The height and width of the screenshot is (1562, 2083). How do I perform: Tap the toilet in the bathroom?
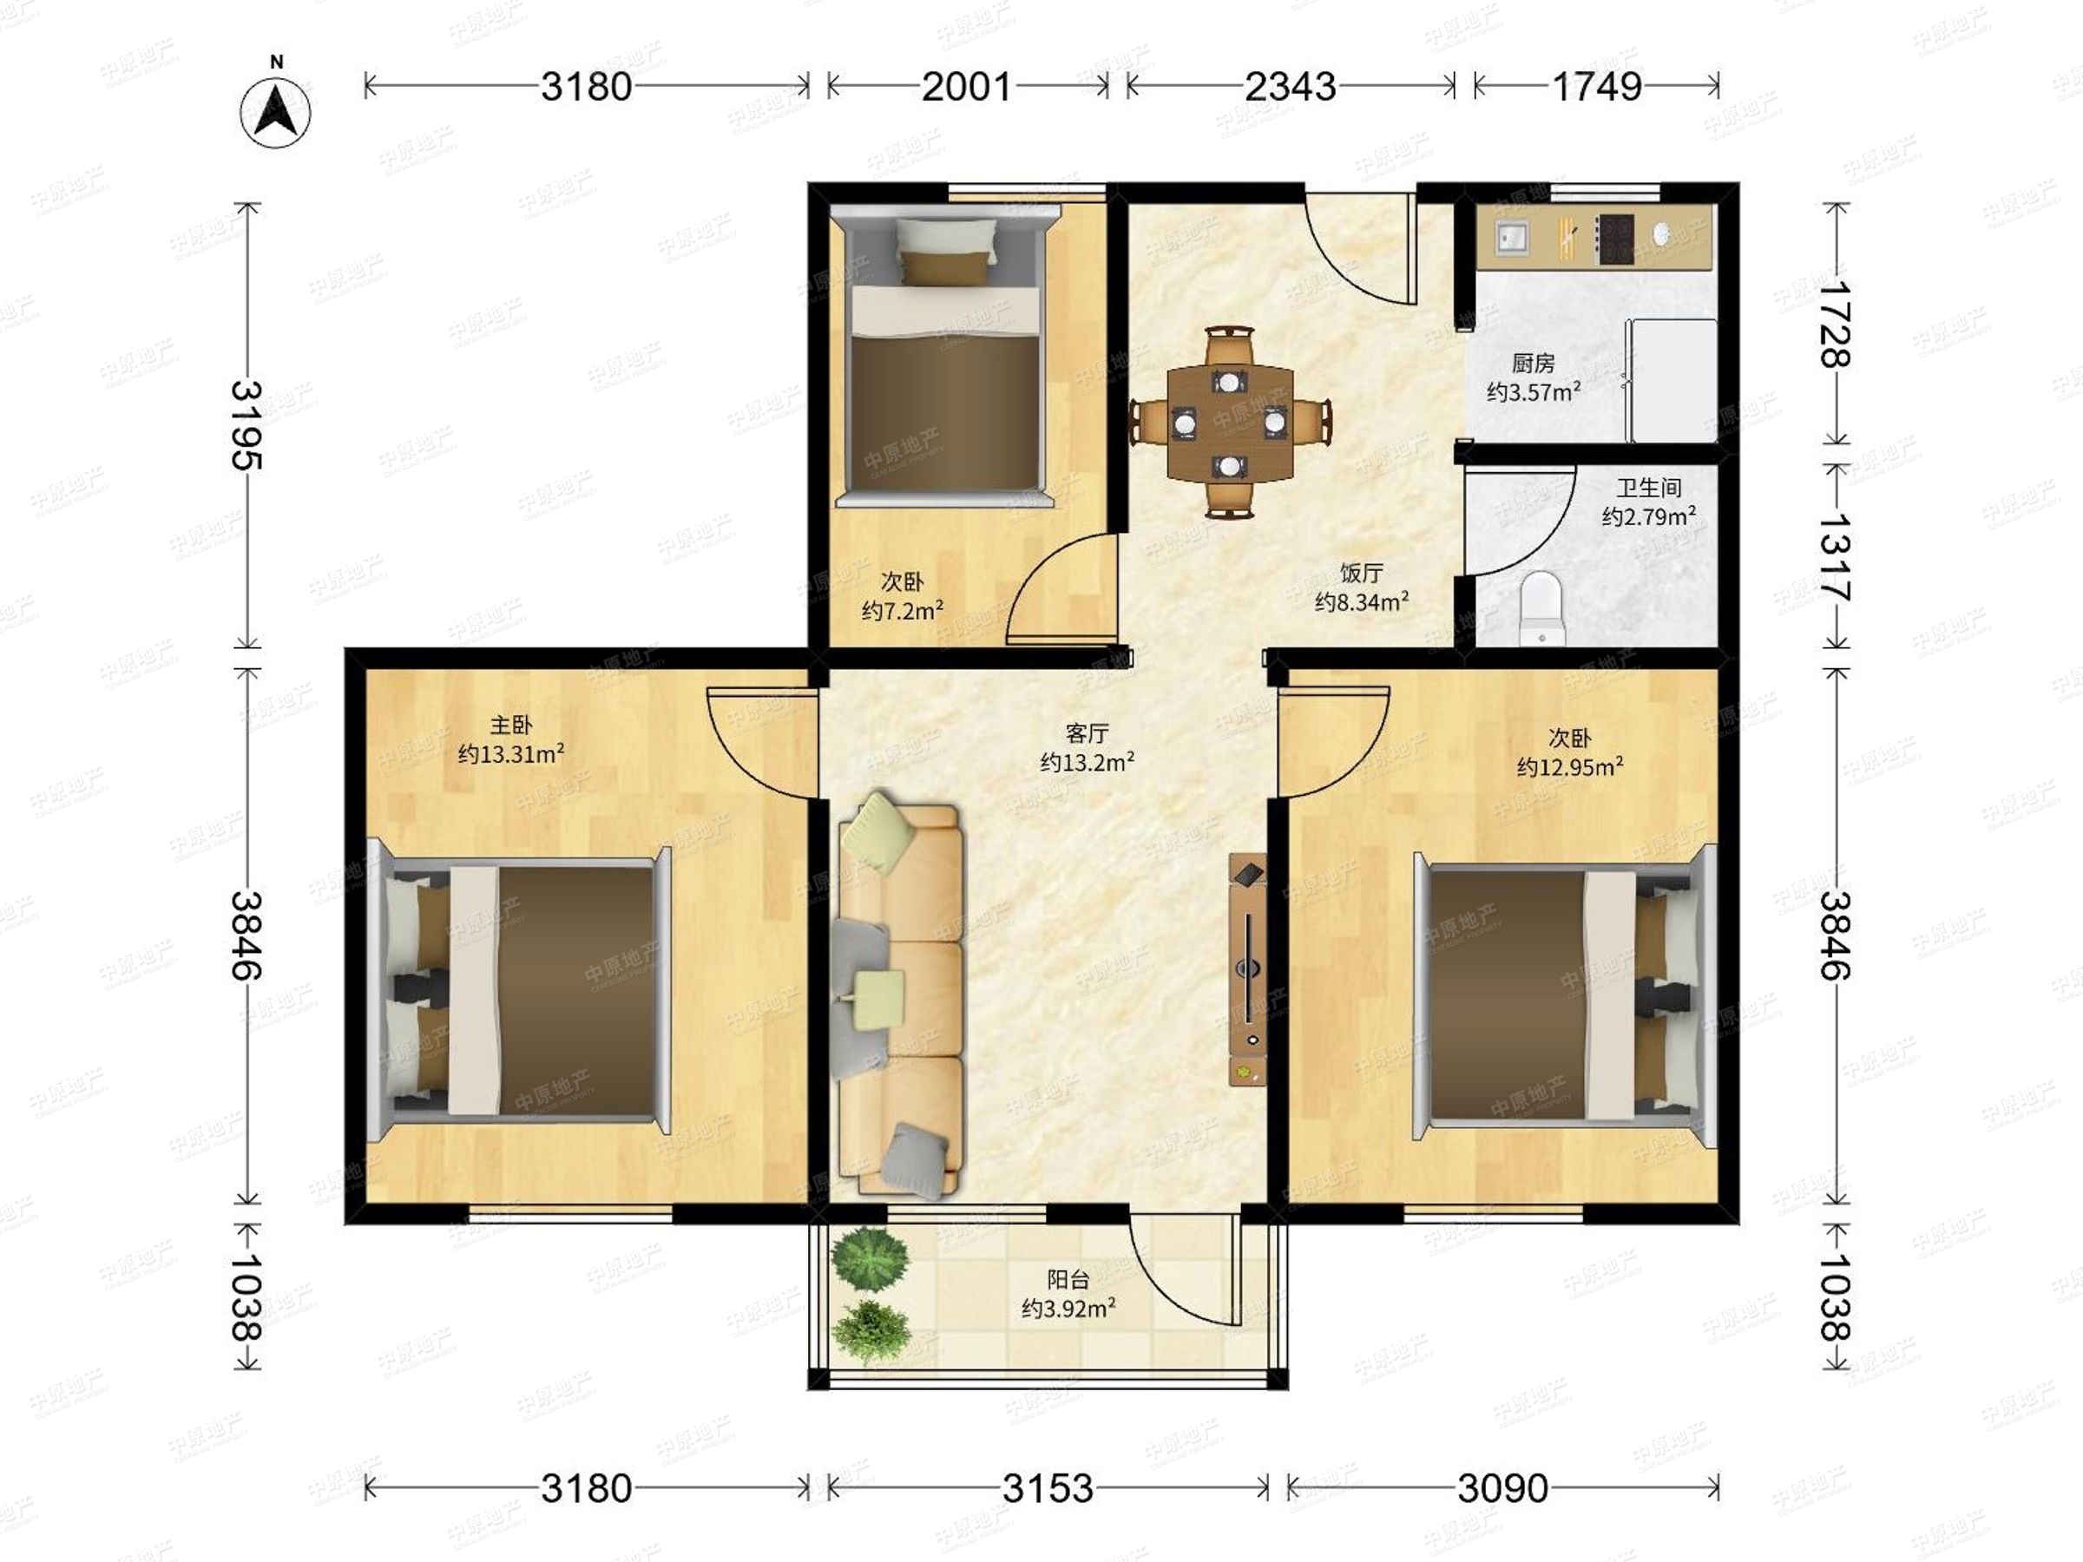click(1541, 609)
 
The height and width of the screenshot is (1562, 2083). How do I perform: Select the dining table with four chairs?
click(1230, 422)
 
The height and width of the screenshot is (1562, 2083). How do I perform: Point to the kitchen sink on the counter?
click(1515, 239)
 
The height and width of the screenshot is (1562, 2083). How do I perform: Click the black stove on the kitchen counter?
click(1614, 240)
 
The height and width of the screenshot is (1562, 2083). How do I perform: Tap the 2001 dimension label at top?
click(966, 87)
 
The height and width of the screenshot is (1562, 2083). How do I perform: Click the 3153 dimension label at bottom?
click(1048, 1488)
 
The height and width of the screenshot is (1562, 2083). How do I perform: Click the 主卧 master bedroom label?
click(511, 725)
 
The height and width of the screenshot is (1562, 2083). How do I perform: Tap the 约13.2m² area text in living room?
click(1087, 762)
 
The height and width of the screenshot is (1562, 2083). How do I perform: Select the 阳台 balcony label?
click(1068, 1280)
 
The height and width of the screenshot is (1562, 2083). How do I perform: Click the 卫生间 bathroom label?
click(1649, 488)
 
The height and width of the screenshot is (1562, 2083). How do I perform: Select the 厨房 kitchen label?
click(1533, 363)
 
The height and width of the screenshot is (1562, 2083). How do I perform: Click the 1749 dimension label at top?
click(1597, 87)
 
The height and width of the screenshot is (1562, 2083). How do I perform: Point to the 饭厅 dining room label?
click(1362, 573)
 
